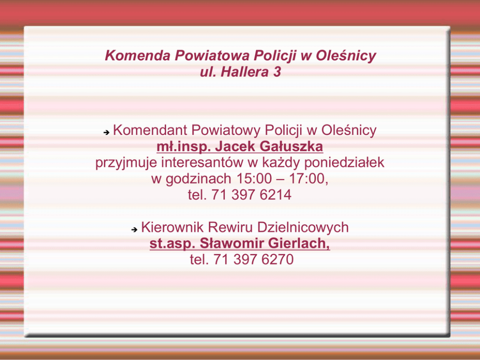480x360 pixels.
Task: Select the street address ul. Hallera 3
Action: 240,72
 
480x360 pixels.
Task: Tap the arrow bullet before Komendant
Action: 106,133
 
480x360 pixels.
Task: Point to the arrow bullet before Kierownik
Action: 135,229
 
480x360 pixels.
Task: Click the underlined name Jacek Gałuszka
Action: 269,146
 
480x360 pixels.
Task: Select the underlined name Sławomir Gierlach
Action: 265,243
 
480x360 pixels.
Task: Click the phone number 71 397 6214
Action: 251,195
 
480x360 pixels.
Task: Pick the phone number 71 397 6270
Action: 253,259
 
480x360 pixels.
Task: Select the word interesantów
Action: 202,163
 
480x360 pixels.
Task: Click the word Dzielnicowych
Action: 303,227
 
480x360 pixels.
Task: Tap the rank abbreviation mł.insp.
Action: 184,147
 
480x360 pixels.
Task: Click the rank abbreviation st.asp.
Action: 172,244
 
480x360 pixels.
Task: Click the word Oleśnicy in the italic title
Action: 346,56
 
